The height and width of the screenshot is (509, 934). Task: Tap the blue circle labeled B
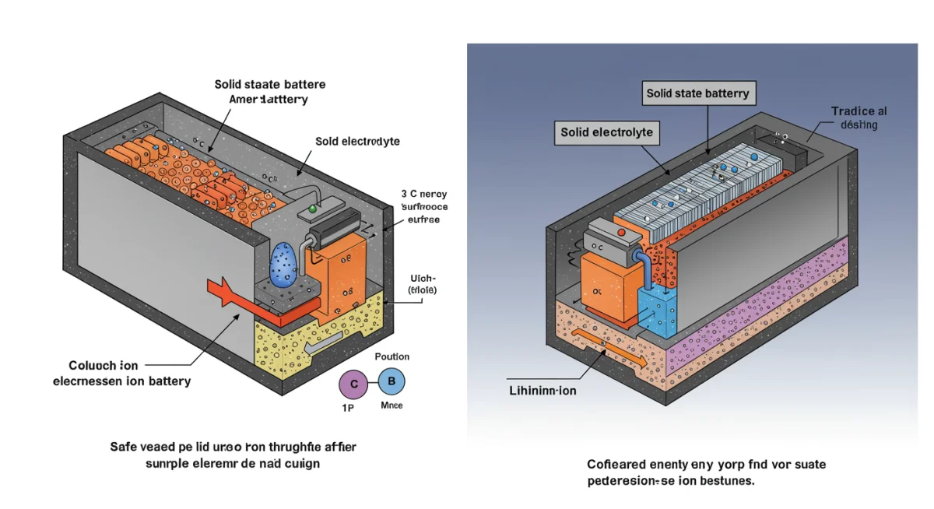point(392,381)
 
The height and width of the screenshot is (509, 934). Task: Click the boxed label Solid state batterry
point(697,93)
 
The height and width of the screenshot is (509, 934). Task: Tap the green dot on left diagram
point(313,209)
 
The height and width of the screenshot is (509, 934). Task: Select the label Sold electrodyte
point(357,141)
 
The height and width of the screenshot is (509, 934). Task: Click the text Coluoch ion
point(104,365)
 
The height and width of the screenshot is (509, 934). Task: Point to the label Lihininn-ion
point(542,390)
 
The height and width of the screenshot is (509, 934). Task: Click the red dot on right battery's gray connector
point(620,231)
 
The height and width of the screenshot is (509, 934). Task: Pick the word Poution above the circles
point(392,356)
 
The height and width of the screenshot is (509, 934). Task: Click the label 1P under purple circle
point(348,407)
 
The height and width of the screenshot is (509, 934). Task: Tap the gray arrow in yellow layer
point(322,342)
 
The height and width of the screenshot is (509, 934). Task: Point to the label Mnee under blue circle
point(392,405)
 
